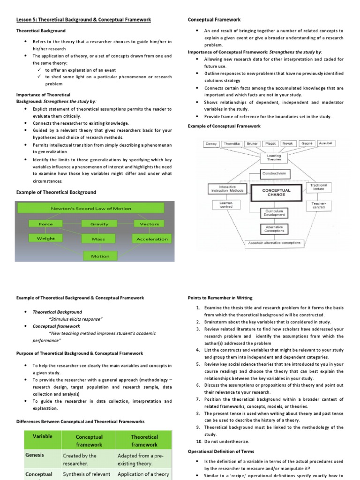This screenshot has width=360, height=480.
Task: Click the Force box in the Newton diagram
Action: [46, 224]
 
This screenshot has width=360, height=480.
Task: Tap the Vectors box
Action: [149, 224]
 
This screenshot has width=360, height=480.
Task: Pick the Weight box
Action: [46, 239]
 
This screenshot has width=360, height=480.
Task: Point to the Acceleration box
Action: [152, 239]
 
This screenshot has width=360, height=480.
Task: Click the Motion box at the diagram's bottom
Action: [100, 256]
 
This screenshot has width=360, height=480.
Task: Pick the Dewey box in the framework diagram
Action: [211, 144]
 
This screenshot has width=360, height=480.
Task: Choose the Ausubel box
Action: [327, 143]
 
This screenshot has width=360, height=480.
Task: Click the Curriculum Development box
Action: [274, 213]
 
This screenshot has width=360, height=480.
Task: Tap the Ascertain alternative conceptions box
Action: [275, 243]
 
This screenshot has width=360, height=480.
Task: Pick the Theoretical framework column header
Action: [144, 440]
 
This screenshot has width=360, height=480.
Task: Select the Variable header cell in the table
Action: [42, 436]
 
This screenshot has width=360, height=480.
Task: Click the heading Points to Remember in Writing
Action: [220, 298]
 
